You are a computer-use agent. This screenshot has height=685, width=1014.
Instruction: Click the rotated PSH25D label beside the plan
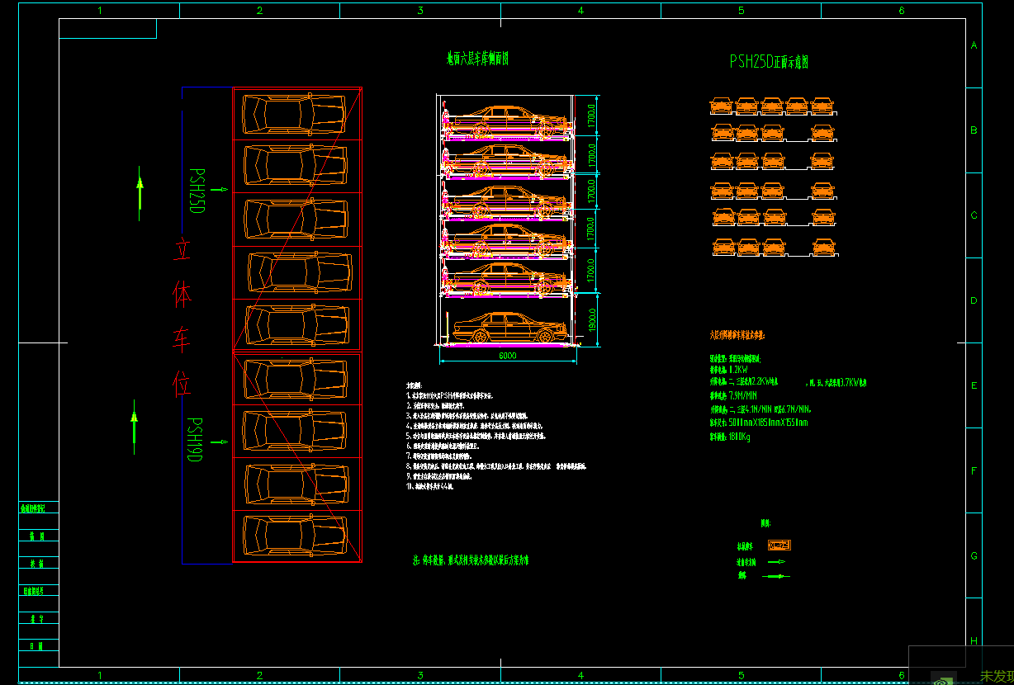(197, 191)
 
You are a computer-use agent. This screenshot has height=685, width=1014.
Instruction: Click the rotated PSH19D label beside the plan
(194, 440)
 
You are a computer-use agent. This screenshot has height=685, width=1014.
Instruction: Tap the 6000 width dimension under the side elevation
(507, 356)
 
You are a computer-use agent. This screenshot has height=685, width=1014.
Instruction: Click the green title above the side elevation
(477, 59)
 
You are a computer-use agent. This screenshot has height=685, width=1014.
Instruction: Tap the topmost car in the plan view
(295, 113)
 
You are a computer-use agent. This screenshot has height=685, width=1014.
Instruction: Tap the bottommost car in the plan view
(295, 536)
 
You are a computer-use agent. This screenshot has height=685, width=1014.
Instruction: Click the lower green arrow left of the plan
(134, 427)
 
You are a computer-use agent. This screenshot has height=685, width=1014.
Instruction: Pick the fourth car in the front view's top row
(797, 106)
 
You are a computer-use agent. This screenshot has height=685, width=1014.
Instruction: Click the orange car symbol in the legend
(779, 546)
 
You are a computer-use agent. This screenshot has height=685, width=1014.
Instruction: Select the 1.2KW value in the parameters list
(737, 371)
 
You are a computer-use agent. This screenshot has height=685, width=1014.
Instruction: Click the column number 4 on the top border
(580, 11)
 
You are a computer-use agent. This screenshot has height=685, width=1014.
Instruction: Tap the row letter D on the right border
(974, 300)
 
